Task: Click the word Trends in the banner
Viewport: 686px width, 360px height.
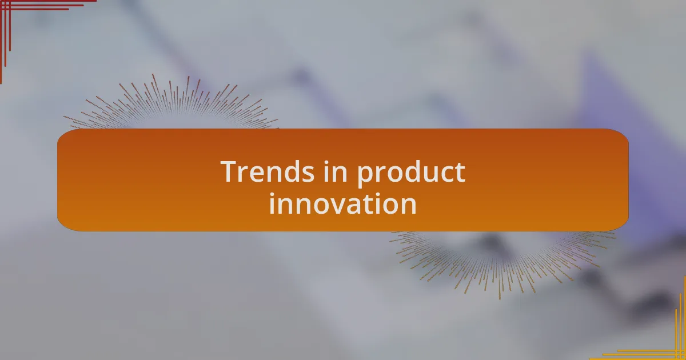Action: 268,172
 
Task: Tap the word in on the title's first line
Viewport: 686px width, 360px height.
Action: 336,172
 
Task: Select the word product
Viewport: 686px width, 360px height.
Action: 411,174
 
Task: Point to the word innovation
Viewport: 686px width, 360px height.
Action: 342,204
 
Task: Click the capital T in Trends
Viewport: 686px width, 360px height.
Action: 230,172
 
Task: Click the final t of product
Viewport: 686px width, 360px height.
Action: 460,173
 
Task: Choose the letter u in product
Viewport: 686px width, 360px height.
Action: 428,174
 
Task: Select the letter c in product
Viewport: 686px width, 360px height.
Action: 446,174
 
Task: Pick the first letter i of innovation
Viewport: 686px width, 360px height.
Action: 272,203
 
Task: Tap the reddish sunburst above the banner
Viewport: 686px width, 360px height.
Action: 171,102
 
